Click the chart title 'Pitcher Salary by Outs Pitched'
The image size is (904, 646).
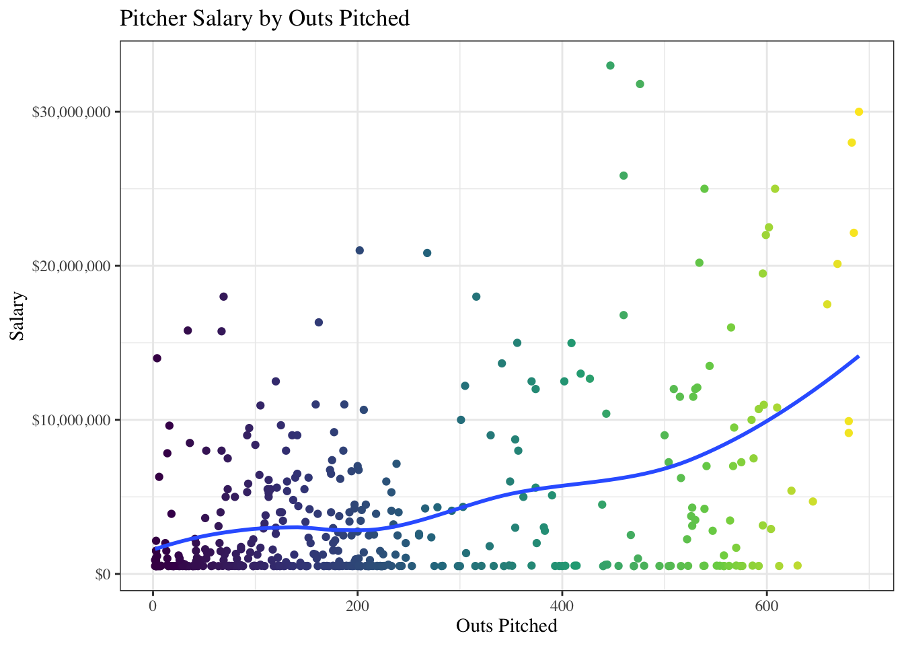coord(264,18)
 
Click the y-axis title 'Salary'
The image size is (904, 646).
coord(17,316)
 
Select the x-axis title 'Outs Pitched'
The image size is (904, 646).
coord(506,626)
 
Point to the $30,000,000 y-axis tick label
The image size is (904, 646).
coord(71,112)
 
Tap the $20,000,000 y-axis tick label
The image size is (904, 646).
coord(71,266)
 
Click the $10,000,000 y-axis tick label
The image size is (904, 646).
coord(71,420)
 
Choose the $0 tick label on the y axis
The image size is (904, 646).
coord(103,574)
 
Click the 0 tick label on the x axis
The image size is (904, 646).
coord(153,606)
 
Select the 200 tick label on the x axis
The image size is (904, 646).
coord(357,606)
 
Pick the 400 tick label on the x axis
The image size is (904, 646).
coord(562,606)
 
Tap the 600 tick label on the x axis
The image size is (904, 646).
coord(766,606)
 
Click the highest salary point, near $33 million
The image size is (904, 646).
coord(610,65)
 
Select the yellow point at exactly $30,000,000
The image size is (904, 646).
coord(859,112)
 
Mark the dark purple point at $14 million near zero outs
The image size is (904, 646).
coord(157,358)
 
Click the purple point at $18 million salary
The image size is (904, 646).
coord(223,297)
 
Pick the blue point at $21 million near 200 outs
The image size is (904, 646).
coord(359,250)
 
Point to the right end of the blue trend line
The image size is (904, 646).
coord(858,356)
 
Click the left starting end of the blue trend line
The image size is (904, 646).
coord(155,548)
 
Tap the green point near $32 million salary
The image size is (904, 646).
coord(640,84)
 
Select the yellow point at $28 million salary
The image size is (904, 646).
coord(852,143)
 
